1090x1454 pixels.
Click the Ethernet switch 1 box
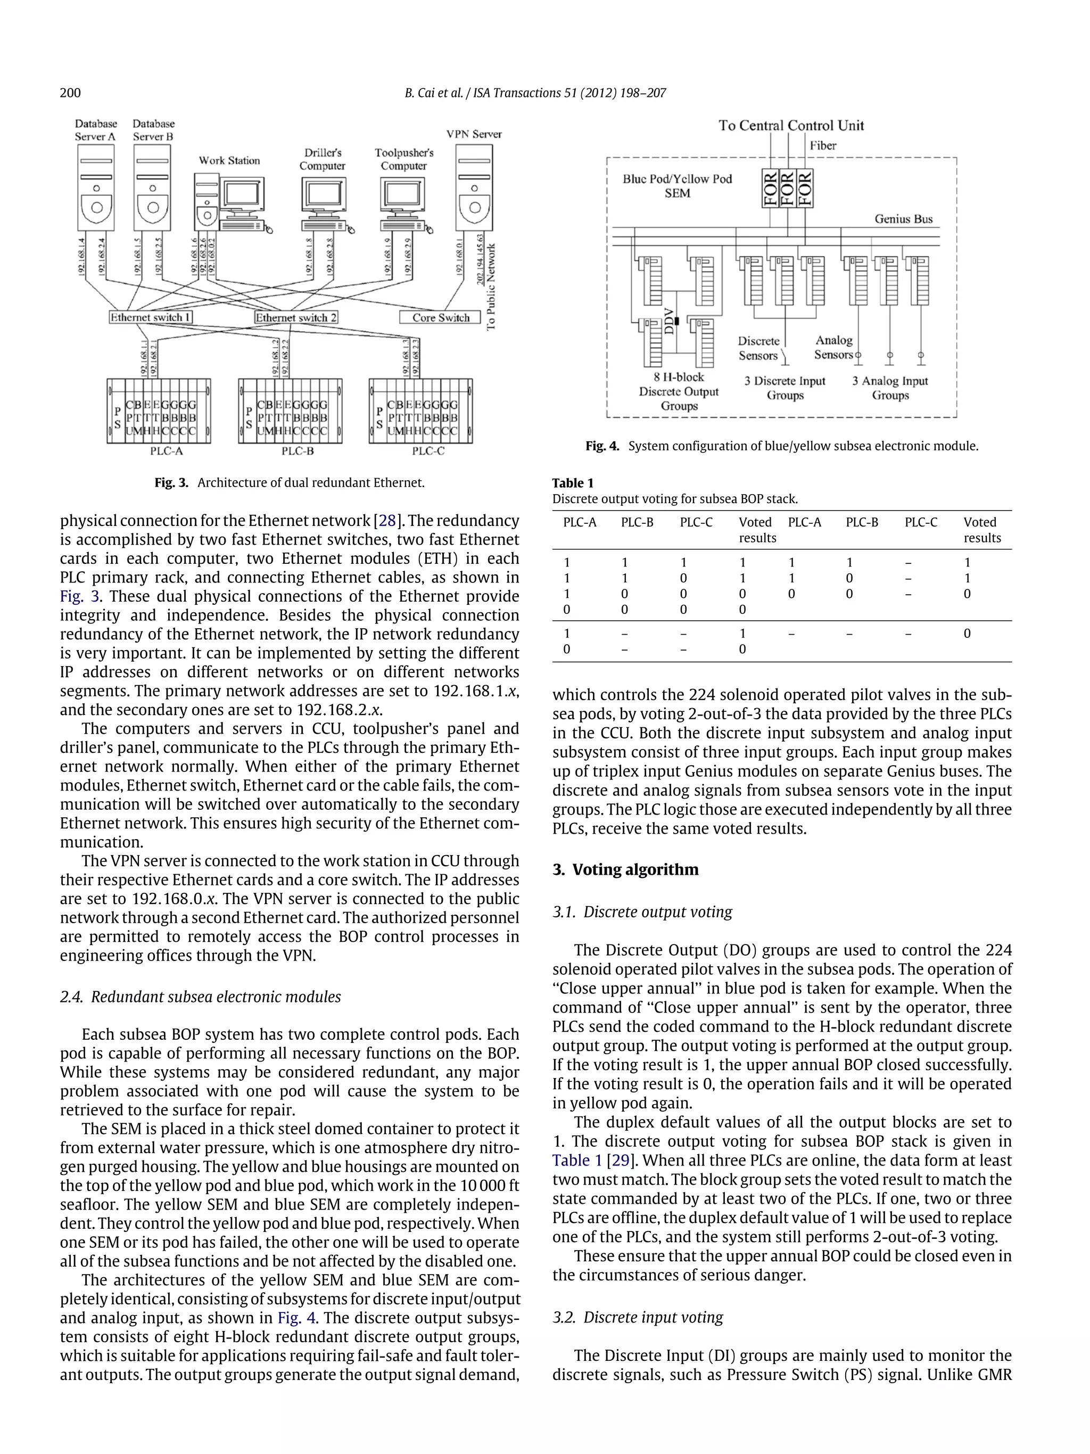[151, 317]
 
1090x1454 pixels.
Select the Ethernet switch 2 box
[296, 317]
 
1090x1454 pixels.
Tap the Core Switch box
[441, 317]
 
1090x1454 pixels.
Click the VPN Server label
[474, 134]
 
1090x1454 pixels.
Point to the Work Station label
[229, 160]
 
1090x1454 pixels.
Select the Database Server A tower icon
[96, 187]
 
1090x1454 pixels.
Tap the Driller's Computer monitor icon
[322, 197]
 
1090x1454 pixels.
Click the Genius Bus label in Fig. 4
[903, 219]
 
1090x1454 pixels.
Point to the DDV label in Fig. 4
[669, 322]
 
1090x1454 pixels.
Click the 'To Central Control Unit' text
[790, 126]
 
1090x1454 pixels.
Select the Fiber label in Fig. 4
[823, 146]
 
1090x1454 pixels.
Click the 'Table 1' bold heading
[572, 483]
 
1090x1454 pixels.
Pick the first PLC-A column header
[580, 523]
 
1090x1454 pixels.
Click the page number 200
[70, 93]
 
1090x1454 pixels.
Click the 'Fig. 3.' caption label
[171, 482]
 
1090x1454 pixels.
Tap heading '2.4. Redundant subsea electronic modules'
[201, 997]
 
